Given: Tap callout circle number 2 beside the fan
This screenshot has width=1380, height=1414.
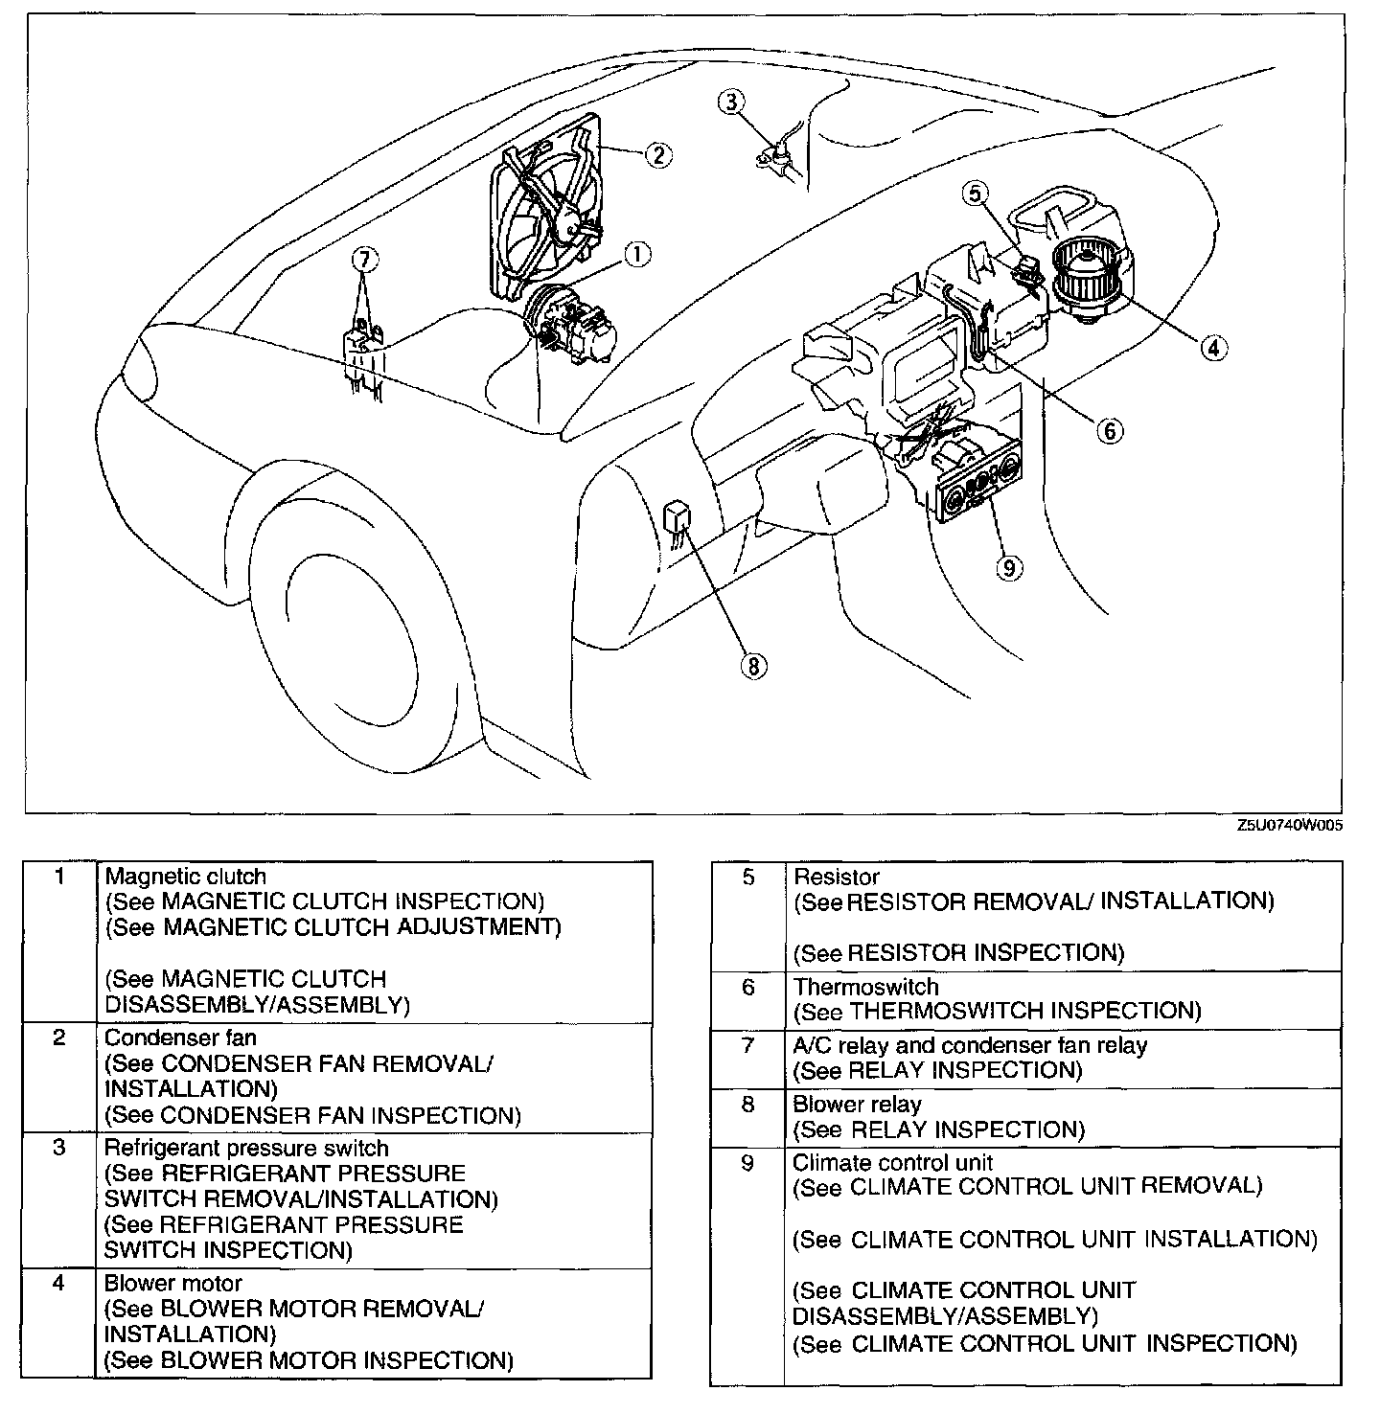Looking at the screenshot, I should coord(658,153).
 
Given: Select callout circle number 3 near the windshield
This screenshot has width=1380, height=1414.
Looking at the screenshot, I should coord(731,101).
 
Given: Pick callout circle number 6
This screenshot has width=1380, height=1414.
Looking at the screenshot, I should coord(1109,430).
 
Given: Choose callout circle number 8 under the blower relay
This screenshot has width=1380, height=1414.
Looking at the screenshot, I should coord(754,665).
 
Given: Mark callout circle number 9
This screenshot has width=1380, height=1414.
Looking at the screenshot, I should coord(1007,568).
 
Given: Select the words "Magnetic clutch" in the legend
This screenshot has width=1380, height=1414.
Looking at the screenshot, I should coord(185,876).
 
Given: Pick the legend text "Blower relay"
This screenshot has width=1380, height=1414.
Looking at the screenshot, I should coord(856,1105).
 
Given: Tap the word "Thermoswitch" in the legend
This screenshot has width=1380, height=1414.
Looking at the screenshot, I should coord(865,987).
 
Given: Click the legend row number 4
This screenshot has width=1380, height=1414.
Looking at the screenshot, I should coord(59,1282).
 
